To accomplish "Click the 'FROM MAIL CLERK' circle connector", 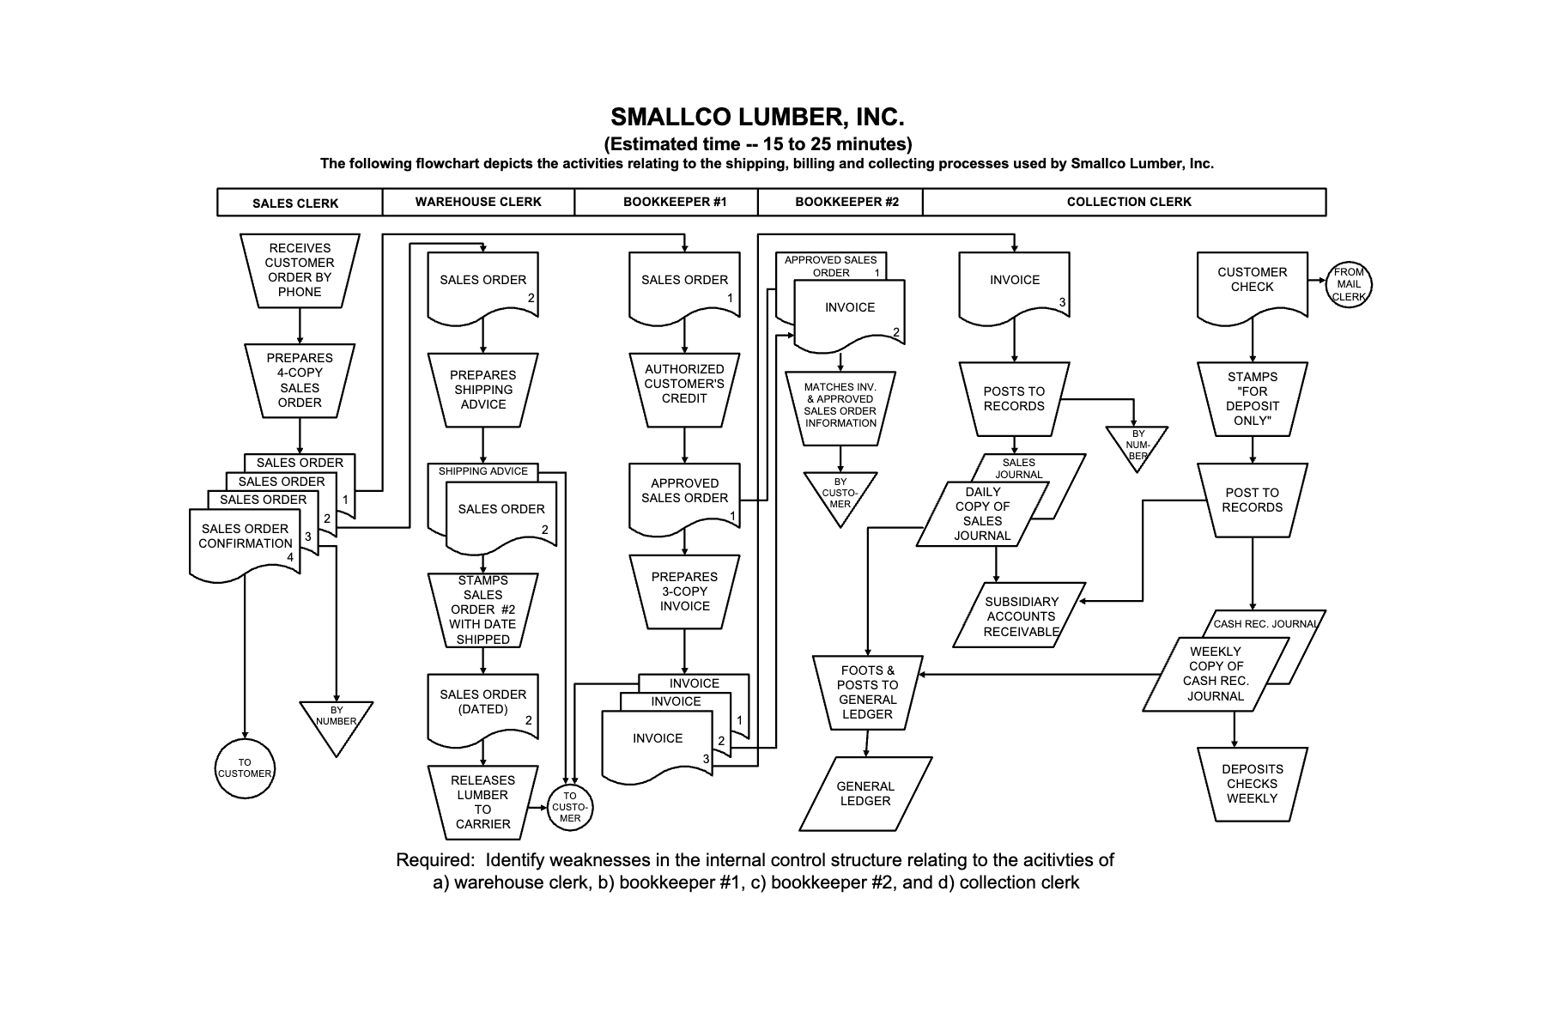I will (x=1348, y=284).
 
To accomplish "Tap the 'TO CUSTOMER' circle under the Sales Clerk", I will (x=245, y=768).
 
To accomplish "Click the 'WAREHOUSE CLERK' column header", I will (x=478, y=202).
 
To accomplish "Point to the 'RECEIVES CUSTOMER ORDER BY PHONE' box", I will (x=300, y=270).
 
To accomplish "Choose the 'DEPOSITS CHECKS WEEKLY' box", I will (x=1252, y=784).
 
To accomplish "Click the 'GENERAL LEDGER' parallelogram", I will (x=865, y=793).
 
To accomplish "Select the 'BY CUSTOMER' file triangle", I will (x=840, y=494).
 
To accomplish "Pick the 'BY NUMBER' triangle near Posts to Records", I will (x=1138, y=445).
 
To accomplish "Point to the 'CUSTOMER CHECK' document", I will (x=1252, y=283).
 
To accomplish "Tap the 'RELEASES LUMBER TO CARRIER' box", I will (x=482, y=802).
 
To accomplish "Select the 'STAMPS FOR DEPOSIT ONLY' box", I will (x=1252, y=398).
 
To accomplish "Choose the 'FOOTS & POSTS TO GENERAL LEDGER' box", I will (x=867, y=692).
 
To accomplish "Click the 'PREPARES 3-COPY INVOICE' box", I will (x=684, y=591).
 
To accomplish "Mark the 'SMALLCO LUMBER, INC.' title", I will (x=757, y=117).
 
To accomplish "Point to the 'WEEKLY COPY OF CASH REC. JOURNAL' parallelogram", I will (x=1215, y=674).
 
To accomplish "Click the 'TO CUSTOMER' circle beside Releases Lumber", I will (x=570, y=807).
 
